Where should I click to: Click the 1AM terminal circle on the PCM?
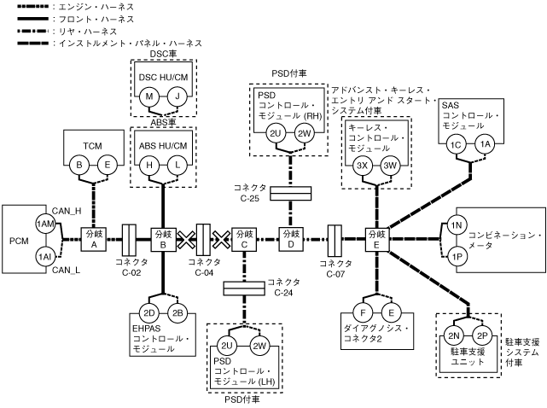(x=44, y=223)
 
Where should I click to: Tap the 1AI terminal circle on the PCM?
(x=44, y=255)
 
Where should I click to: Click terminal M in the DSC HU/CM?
(x=150, y=96)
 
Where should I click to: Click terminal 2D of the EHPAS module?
(x=149, y=312)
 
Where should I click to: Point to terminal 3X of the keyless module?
(x=362, y=166)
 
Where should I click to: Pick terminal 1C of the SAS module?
(x=457, y=145)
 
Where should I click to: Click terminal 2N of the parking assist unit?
(x=456, y=335)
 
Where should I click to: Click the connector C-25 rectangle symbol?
(x=290, y=195)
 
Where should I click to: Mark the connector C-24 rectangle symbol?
(x=243, y=289)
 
